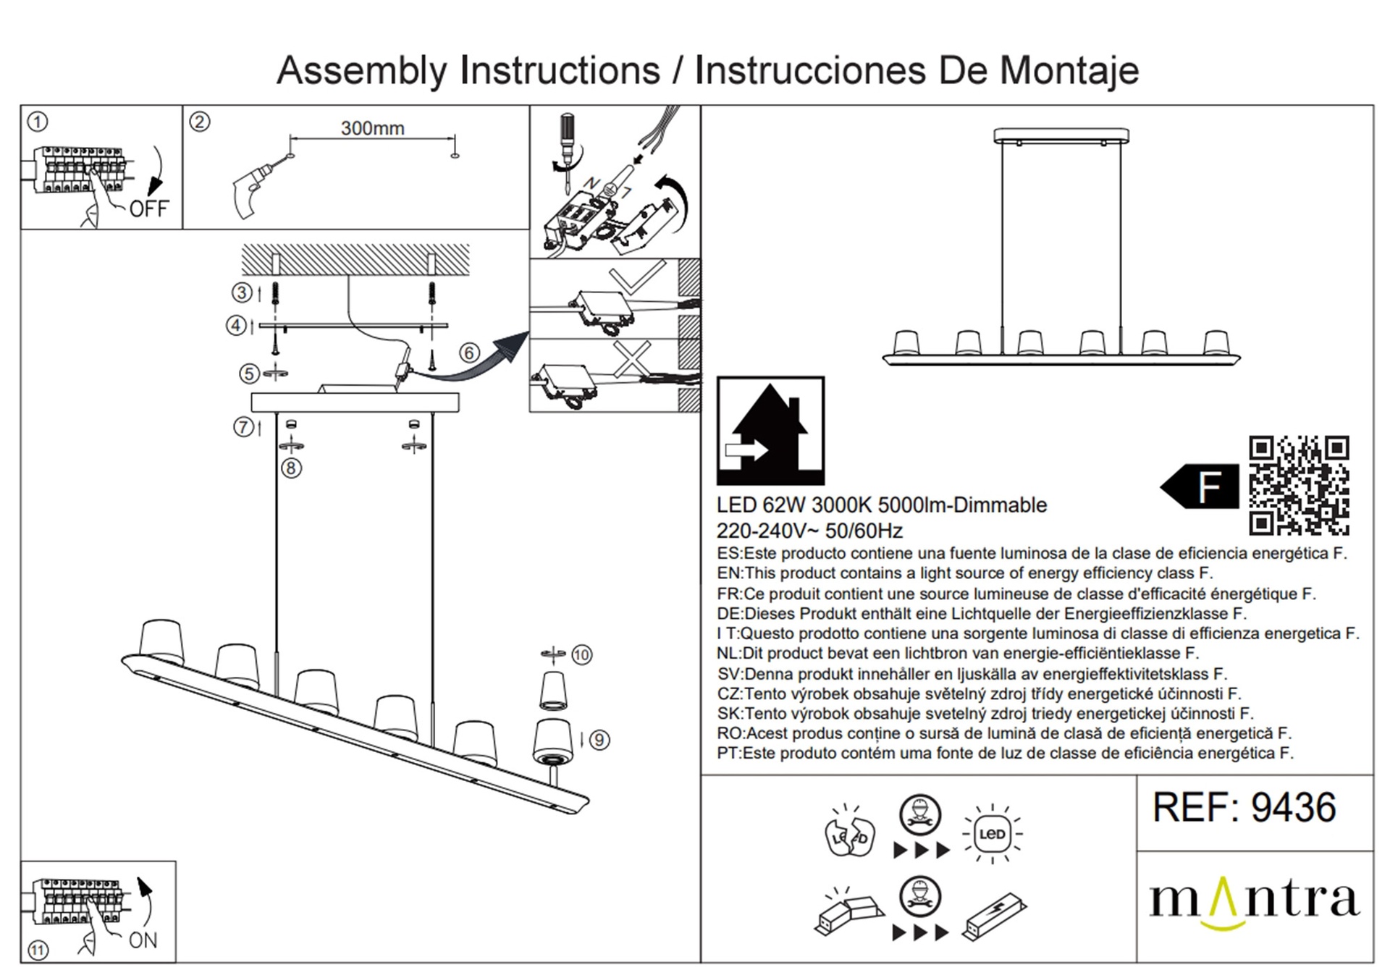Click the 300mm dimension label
click(x=372, y=128)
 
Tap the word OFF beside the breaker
click(x=148, y=208)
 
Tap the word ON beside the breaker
click(x=143, y=940)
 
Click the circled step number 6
click(x=470, y=353)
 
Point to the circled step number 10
click(x=582, y=655)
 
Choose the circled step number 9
click(x=599, y=740)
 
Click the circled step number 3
click(x=242, y=292)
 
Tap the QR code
click(x=1299, y=486)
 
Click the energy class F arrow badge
click(x=1199, y=486)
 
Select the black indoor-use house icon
click(x=770, y=431)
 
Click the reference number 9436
click(x=1293, y=807)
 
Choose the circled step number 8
click(x=291, y=468)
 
